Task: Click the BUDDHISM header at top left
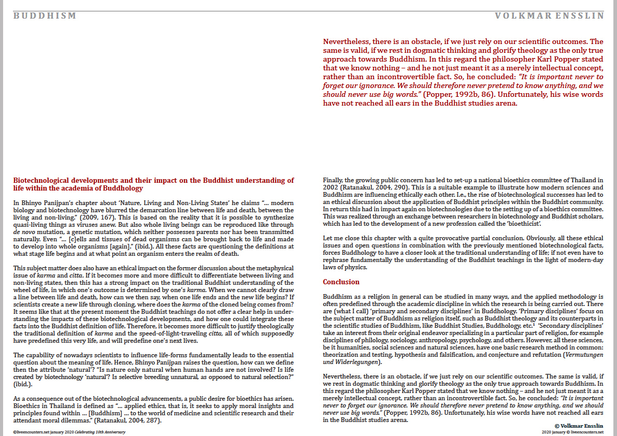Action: (x=45, y=16)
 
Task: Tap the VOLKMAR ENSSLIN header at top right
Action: (x=549, y=16)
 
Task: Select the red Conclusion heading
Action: (x=341, y=282)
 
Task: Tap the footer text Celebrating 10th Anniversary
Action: (x=91, y=431)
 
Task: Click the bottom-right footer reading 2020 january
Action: (x=553, y=431)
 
